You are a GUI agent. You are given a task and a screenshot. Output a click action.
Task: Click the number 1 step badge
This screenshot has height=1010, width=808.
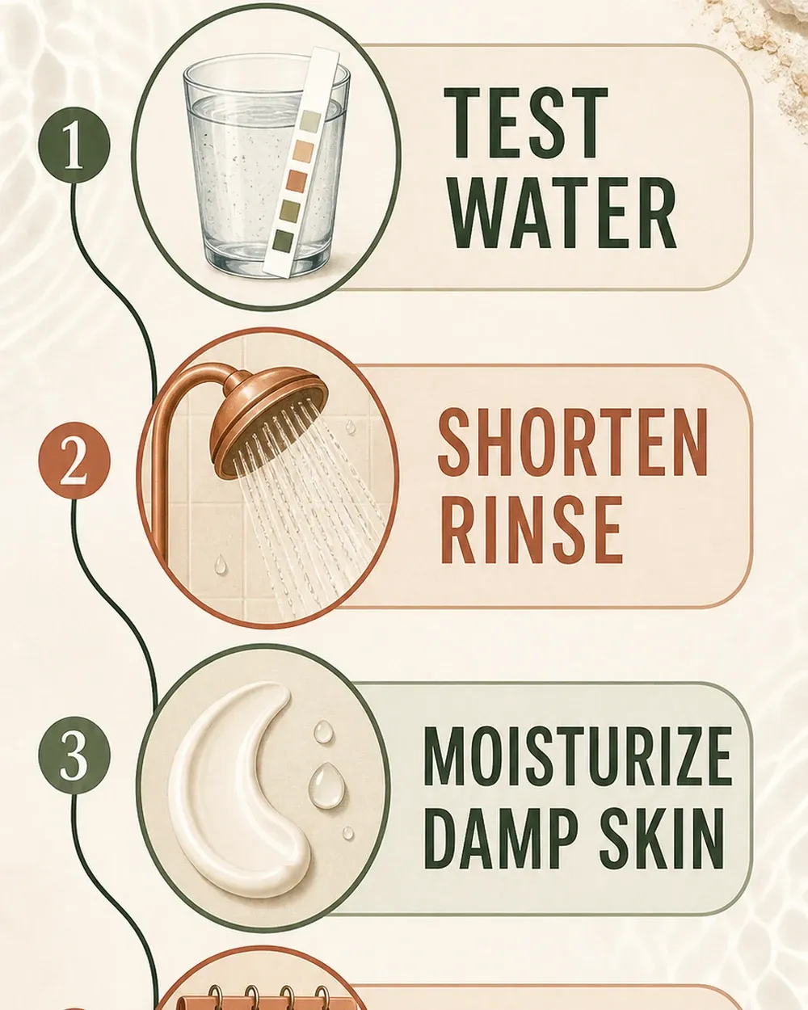(74, 145)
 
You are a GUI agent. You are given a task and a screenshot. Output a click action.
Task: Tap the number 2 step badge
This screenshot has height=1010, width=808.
(74, 460)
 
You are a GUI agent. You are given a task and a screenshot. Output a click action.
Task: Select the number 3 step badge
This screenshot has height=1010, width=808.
(74, 755)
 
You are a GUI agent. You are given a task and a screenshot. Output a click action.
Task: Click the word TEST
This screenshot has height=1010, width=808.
(525, 124)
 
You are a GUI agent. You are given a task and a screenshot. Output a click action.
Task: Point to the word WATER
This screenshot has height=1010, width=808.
(563, 213)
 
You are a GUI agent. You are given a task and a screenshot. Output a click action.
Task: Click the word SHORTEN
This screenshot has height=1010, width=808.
(572, 442)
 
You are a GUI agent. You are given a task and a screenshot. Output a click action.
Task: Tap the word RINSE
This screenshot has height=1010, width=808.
(531, 530)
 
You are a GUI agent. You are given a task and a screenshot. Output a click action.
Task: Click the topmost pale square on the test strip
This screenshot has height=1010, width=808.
(311, 120)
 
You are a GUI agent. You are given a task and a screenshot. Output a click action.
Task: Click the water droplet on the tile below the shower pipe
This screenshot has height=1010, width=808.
(221, 565)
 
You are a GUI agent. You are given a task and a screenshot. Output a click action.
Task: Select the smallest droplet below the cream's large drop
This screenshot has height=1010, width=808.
(348, 833)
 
